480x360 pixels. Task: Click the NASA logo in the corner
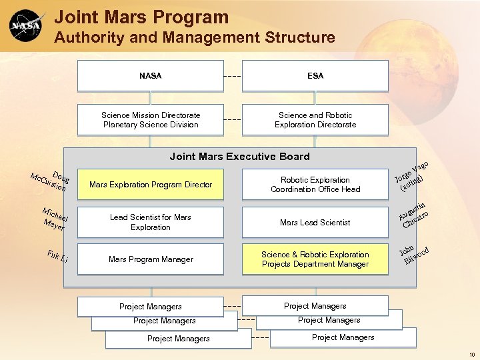click(27, 26)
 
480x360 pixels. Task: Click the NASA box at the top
click(151, 76)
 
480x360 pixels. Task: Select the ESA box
click(315, 76)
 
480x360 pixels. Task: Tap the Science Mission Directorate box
click(151, 120)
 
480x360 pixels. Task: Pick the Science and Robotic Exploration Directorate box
click(315, 120)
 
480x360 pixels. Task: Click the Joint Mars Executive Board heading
click(239, 157)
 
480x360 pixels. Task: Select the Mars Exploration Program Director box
click(151, 185)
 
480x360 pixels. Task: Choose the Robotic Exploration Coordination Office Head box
click(315, 185)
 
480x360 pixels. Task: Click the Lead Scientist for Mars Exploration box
click(151, 222)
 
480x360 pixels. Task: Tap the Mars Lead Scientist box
click(315, 222)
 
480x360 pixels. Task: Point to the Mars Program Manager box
click(151, 259)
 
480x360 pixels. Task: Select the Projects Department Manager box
click(315, 259)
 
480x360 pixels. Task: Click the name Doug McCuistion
click(50, 181)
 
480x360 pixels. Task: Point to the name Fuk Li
click(57, 256)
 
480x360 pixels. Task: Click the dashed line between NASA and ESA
click(233, 76)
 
